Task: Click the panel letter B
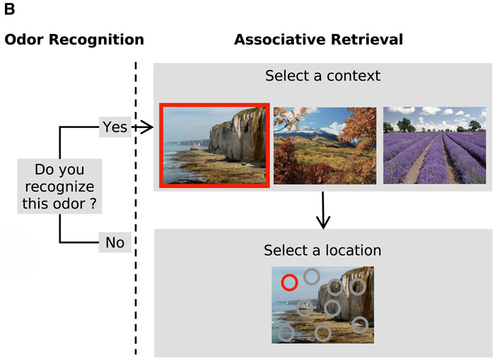pyautogui.click(x=10, y=9)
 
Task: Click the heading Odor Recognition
pyautogui.click(x=74, y=40)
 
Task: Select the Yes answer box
pyautogui.click(x=115, y=127)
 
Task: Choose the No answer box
pyautogui.click(x=115, y=243)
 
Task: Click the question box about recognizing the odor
pyautogui.click(x=59, y=187)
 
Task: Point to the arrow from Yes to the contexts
pyautogui.click(x=143, y=127)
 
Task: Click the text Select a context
pyautogui.click(x=322, y=75)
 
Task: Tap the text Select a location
pyautogui.click(x=322, y=250)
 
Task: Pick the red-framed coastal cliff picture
pyautogui.click(x=214, y=146)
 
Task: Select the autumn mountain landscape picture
pyautogui.click(x=325, y=146)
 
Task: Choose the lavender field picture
pyautogui.click(x=434, y=146)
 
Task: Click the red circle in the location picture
pyautogui.click(x=289, y=283)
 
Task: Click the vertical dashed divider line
pyautogui.click(x=136, y=212)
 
